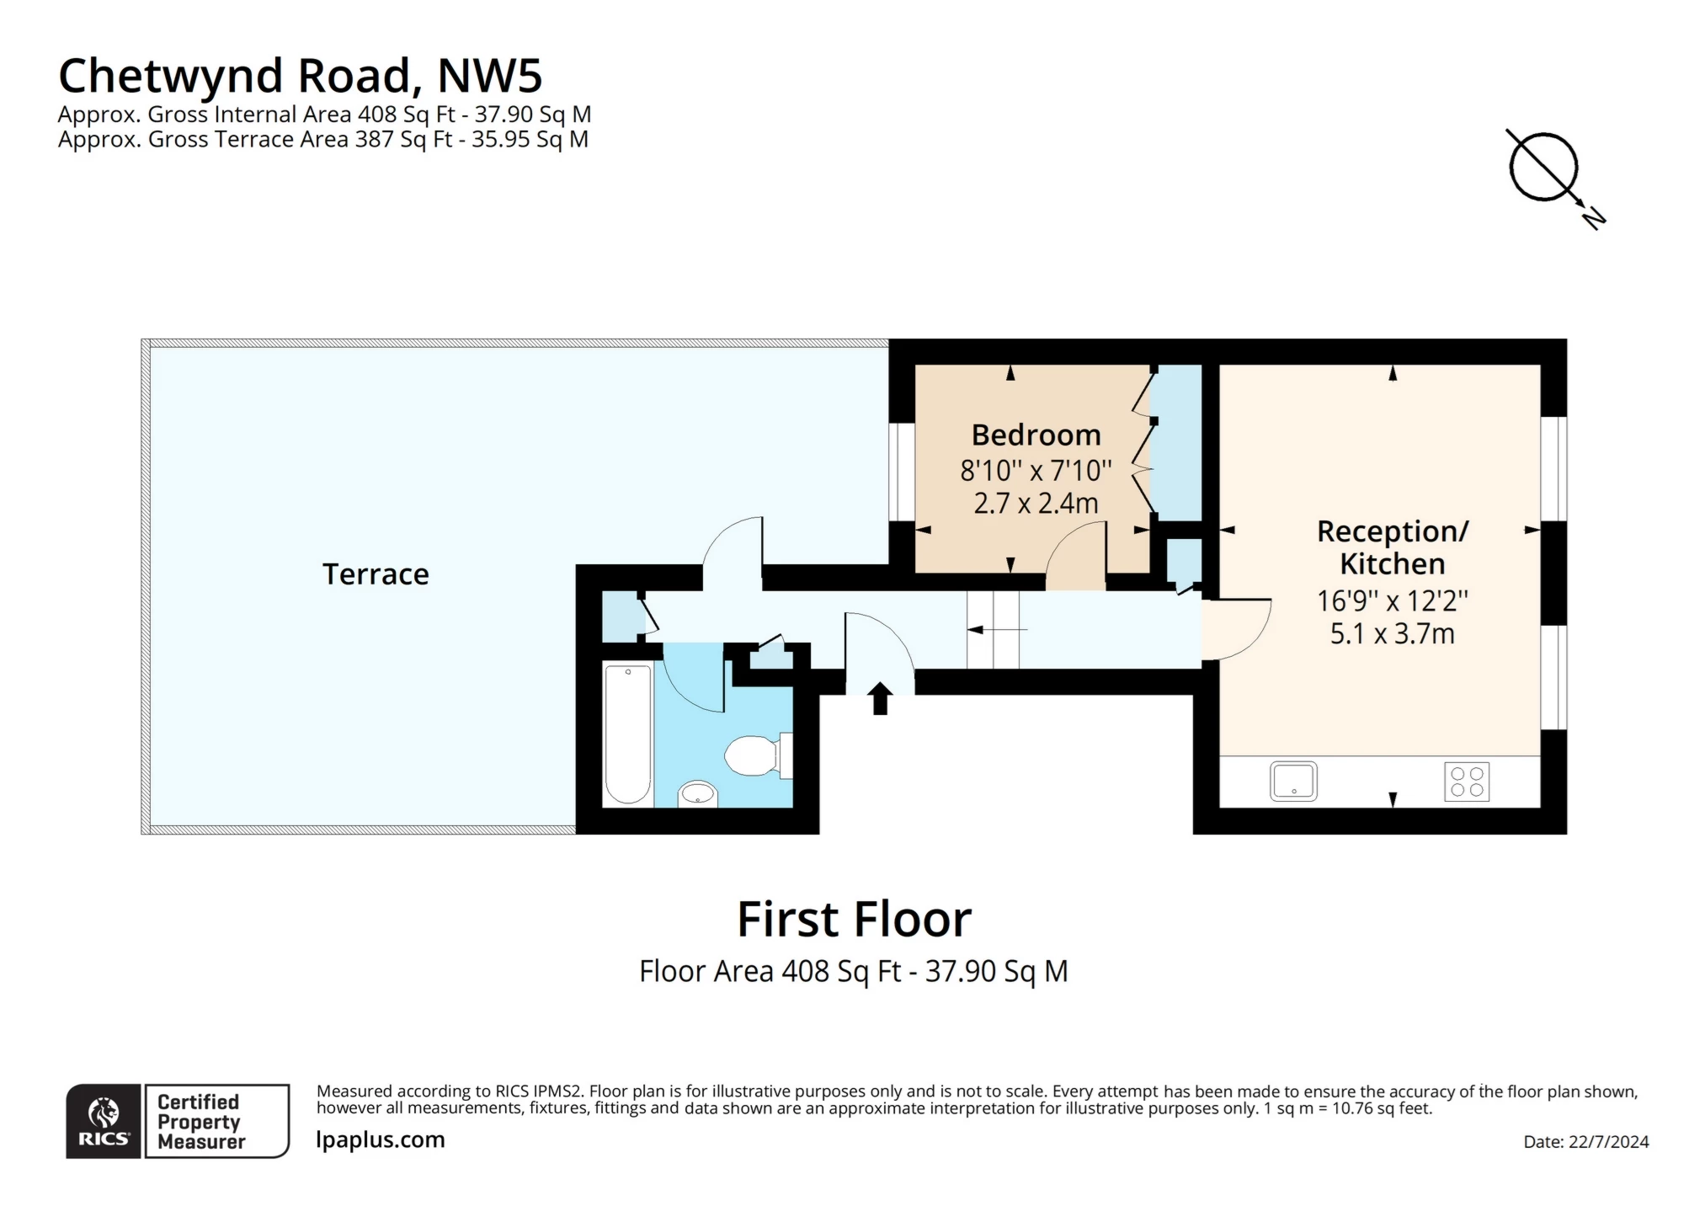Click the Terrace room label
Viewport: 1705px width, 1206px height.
pyautogui.click(x=376, y=574)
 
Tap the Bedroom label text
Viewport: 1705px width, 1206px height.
pyautogui.click(x=1036, y=435)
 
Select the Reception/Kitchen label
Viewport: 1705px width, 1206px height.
pyautogui.click(x=1392, y=547)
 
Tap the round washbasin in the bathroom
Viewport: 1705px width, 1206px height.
pyautogui.click(x=698, y=793)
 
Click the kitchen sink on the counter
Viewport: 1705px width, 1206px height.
pyautogui.click(x=1293, y=781)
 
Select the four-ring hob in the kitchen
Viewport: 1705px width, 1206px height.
pyautogui.click(x=1467, y=781)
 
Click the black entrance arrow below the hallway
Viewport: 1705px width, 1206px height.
pyautogui.click(x=880, y=698)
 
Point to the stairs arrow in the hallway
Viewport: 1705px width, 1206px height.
pyautogui.click(x=998, y=629)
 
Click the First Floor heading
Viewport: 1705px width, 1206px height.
pyautogui.click(x=854, y=919)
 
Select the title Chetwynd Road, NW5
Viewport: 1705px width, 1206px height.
pyautogui.click(x=301, y=76)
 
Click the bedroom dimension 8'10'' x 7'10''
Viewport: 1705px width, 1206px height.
pyautogui.click(x=1036, y=470)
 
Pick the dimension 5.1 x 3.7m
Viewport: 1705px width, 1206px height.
pyautogui.click(x=1392, y=633)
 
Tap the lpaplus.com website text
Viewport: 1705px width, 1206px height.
pyautogui.click(x=381, y=1140)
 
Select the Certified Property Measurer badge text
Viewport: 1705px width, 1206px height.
pyautogui.click(x=200, y=1122)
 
